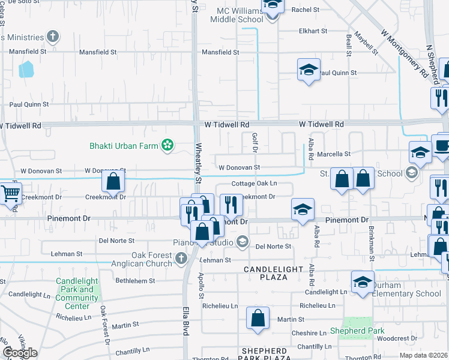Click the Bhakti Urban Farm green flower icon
168,145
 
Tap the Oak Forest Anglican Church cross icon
182,258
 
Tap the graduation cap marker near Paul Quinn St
309,69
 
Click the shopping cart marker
10,193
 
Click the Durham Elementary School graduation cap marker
363,282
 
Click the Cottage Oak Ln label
255,184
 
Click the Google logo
20,353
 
